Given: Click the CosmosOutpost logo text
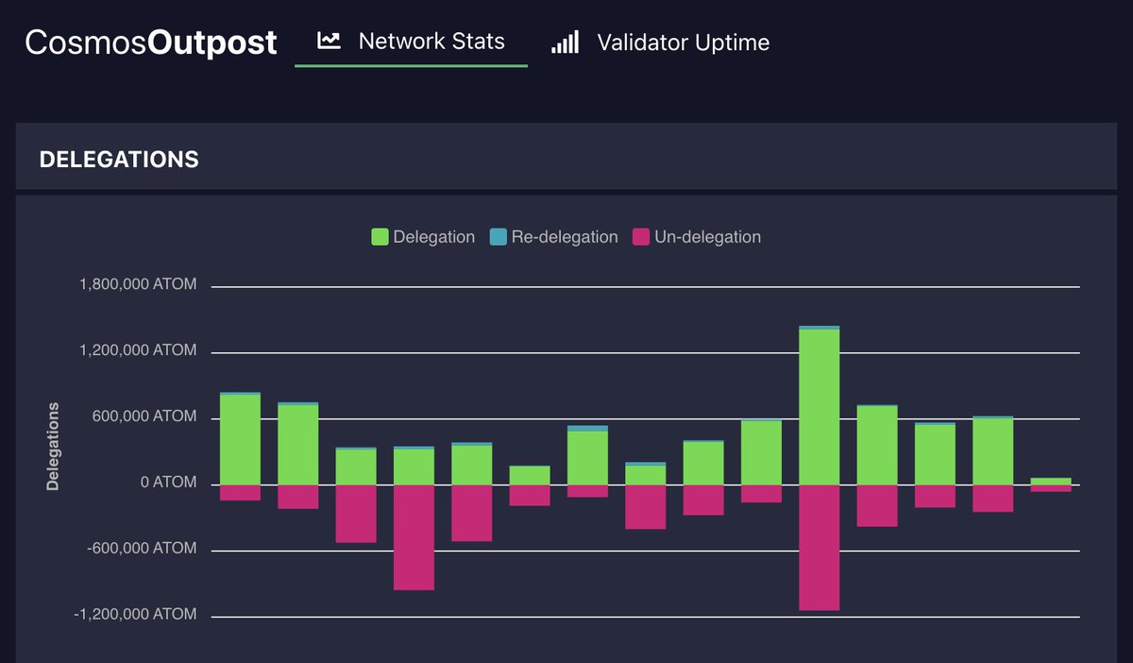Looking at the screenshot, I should [x=151, y=42].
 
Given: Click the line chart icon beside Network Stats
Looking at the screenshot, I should [x=329, y=41].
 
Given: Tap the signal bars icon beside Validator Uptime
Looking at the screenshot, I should [x=565, y=42].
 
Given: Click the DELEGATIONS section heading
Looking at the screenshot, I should [x=119, y=160].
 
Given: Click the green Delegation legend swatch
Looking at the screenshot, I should [x=380, y=237].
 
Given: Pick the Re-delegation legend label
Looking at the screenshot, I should [x=564, y=237].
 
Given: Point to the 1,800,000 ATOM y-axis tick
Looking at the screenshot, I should [x=139, y=284].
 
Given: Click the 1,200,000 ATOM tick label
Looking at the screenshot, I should [x=139, y=350].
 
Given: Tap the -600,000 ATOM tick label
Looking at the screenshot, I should [x=142, y=549].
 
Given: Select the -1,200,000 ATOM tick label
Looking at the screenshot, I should [x=137, y=615].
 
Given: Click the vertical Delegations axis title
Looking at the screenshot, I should [x=53, y=447].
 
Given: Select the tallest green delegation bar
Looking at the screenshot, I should [x=819, y=406].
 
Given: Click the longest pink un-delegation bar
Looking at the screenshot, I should [x=819, y=548].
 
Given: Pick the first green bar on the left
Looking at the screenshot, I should [x=240, y=439].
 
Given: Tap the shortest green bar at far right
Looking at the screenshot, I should [x=1050, y=481].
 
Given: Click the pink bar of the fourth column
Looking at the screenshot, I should [x=414, y=537].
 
